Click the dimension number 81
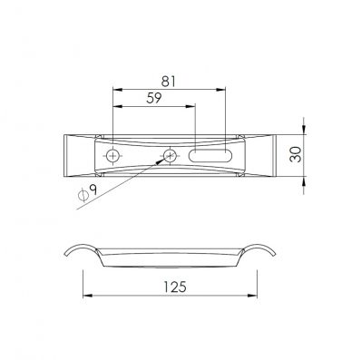168,82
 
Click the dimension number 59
154,98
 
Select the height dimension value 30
296,154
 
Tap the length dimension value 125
175,287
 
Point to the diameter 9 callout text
88,193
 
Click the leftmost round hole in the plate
113,156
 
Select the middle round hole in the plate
170,156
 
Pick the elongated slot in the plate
210,156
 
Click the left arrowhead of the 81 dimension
117,90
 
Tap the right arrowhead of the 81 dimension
221,90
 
